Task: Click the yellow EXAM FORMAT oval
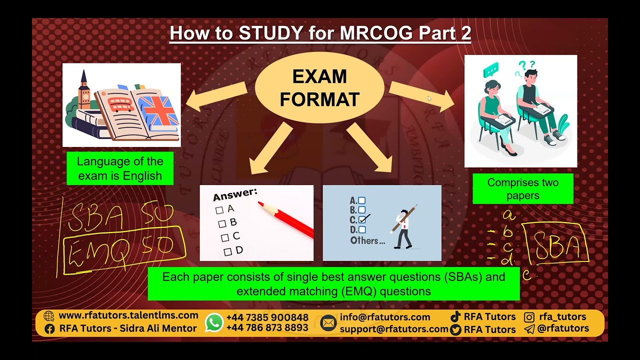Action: pos(319,88)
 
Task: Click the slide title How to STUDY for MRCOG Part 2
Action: pos(320,33)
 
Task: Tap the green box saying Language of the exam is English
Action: pos(120,168)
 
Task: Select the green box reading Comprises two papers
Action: pos(522,188)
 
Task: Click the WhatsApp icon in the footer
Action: pos(214,322)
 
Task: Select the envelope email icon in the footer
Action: pos(328,323)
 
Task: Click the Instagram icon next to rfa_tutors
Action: pos(529,316)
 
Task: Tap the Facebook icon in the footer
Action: pos(49,328)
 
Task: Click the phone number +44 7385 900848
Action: pos(267,317)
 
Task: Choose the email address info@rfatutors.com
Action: pos(385,317)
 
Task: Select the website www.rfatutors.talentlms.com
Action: pos(128,315)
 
